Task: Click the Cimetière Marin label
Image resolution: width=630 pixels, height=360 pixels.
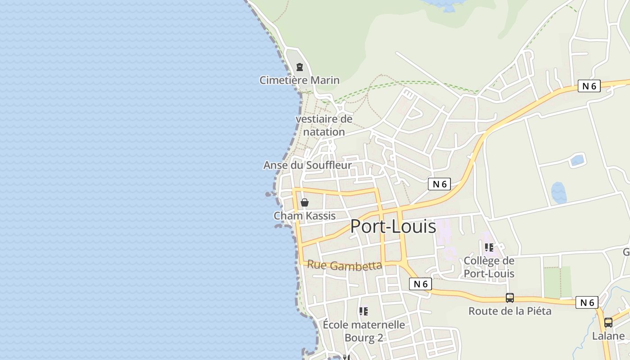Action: [299, 80]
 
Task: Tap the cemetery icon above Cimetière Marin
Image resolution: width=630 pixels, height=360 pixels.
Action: [299, 67]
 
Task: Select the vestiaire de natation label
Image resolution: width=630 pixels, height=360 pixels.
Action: [324, 126]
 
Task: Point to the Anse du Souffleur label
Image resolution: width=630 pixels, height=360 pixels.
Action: [307, 165]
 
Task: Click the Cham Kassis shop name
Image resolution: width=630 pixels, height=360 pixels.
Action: [305, 216]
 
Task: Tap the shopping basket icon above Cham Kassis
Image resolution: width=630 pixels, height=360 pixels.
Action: [305, 202]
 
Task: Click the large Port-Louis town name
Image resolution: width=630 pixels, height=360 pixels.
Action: [393, 226]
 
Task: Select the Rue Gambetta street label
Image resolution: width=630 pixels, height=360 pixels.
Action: [344, 265]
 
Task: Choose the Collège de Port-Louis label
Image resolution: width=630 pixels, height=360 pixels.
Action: [489, 267]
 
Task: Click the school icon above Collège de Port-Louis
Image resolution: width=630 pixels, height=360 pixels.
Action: [489, 247]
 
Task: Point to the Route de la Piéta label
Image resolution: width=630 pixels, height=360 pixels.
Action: [509, 311]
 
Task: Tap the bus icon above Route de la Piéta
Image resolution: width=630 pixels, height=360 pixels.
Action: [509, 298]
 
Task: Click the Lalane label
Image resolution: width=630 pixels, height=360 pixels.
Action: [608, 336]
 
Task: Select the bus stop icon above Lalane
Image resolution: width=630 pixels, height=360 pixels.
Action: [608, 323]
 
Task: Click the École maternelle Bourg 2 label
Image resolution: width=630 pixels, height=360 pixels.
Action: [364, 331]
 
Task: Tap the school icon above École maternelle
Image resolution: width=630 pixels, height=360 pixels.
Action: [364, 311]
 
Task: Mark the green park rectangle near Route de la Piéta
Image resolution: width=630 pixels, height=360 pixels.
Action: [557, 282]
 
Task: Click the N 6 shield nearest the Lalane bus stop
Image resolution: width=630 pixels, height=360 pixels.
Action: [587, 302]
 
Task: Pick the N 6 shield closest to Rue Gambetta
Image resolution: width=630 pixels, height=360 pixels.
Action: [420, 284]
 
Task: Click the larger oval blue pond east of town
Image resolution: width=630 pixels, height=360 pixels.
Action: [558, 193]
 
